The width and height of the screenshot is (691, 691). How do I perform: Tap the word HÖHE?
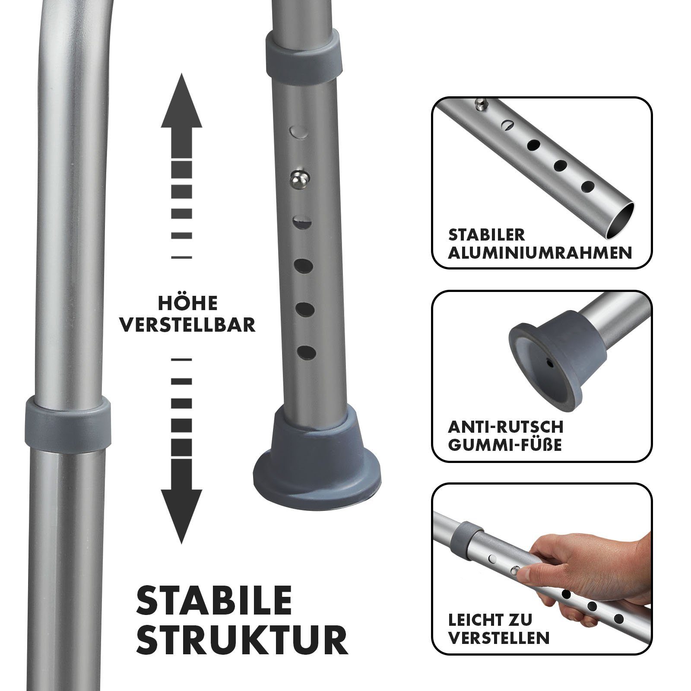(x=187, y=304)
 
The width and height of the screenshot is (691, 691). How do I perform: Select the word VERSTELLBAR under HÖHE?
(x=187, y=325)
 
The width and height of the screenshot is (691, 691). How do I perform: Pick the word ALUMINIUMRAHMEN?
(x=540, y=253)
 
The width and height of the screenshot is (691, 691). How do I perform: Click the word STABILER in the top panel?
(x=486, y=235)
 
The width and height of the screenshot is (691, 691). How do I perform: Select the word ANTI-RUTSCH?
(x=505, y=427)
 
